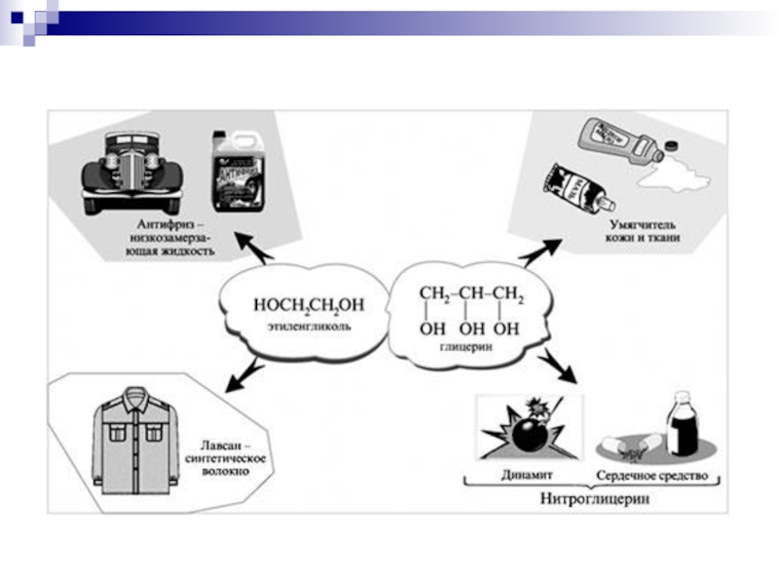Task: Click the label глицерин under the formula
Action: (471, 348)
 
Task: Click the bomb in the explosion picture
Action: (529, 433)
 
